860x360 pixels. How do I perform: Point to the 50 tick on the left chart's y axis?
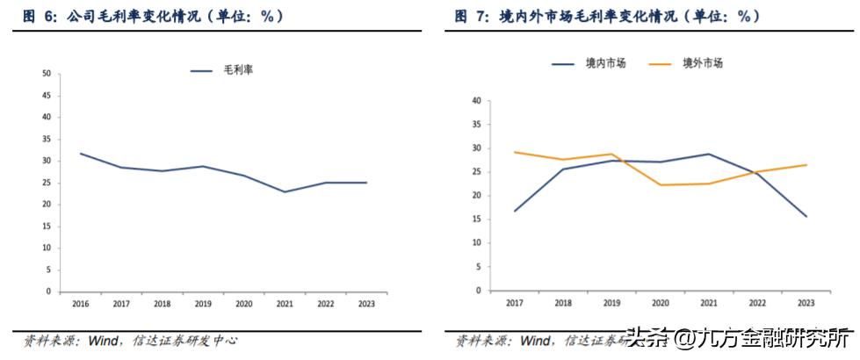coord(46,74)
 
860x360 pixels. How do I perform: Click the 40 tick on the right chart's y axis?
coord(475,101)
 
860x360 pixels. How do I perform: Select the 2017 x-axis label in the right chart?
coord(514,302)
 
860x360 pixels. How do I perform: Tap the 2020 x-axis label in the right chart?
coord(660,302)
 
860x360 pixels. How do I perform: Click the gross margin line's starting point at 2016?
coord(80,154)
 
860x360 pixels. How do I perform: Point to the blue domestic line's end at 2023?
coord(806,216)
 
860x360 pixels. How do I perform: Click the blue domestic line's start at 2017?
coord(514,211)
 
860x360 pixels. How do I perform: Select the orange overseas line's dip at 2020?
coord(660,185)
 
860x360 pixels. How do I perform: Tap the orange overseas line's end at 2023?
coord(806,165)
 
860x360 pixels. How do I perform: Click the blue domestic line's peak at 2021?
coord(708,154)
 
